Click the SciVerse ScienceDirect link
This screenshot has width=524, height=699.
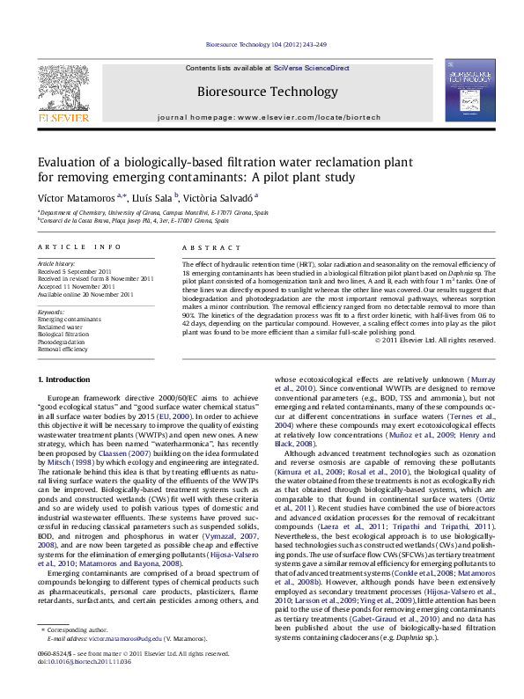(x=311, y=68)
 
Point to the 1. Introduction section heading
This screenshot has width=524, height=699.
(x=67, y=379)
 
